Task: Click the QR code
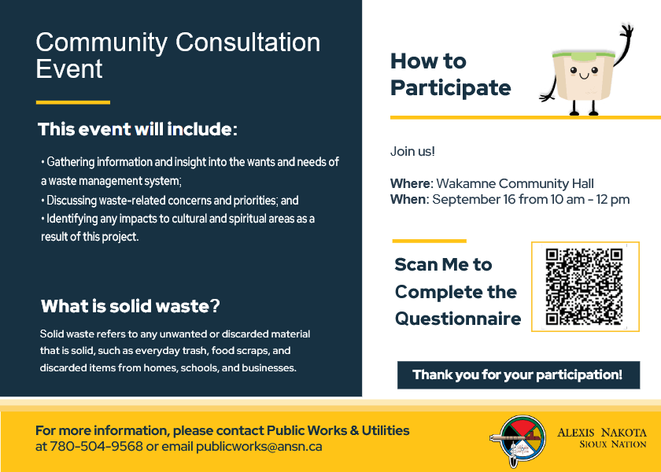(584, 286)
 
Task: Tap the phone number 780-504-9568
(96, 446)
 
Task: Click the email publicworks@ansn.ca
(259, 447)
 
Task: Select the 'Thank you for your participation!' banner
(518, 374)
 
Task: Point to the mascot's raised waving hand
(627, 32)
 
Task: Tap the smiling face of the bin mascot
(584, 72)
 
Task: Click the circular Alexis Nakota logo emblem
(518, 441)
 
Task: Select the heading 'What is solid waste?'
(131, 306)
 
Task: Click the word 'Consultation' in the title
(248, 42)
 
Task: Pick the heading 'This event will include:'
(138, 129)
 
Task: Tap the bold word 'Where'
(411, 184)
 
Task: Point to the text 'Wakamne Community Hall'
(515, 184)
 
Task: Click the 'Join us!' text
(412, 151)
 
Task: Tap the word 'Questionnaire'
(458, 319)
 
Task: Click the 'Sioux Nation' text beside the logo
(612, 444)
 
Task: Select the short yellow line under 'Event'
(73, 102)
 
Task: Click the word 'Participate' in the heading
(451, 88)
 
